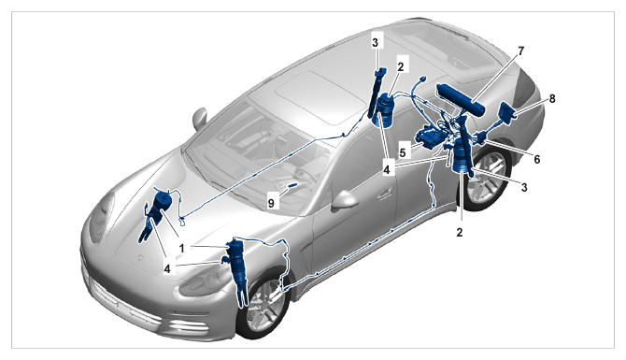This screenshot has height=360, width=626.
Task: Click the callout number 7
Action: click(520, 51)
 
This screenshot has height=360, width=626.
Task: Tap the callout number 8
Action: click(552, 99)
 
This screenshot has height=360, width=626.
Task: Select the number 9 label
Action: click(272, 203)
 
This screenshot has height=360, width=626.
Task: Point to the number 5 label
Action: click(403, 152)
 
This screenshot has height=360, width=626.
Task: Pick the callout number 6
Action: click(537, 159)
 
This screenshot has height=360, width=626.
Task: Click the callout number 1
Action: click(181, 249)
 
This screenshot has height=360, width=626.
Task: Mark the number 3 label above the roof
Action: click(375, 43)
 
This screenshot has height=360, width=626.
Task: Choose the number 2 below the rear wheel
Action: click(460, 232)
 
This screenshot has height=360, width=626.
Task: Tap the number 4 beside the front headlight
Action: click(167, 269)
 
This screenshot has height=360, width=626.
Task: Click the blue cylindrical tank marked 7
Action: click(461, 98)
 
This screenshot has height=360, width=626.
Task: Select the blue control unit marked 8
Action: click(508, 110)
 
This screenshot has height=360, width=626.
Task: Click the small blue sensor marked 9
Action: click(293, 185)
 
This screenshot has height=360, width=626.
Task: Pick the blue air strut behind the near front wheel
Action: click(239, 267)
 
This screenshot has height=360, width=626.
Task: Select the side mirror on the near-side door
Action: click(344, 199)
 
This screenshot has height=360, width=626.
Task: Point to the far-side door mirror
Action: click(199, 118)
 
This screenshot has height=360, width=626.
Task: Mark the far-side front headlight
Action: click(101, 217)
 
